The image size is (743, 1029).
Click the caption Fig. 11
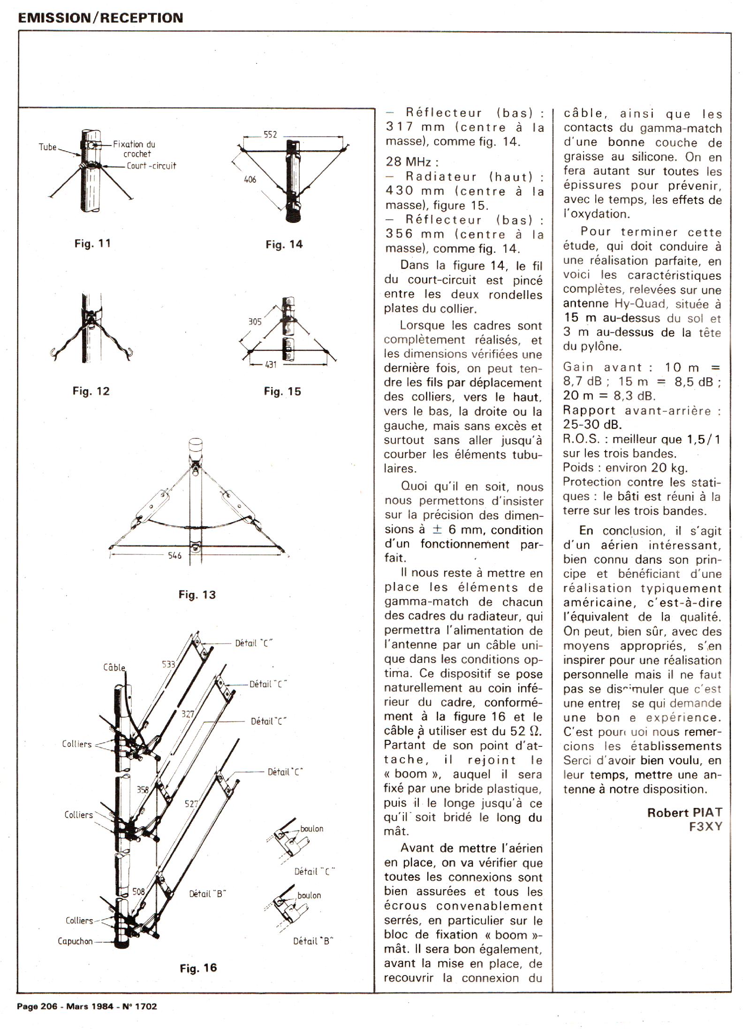92,244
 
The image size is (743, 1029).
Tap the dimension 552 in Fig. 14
270,135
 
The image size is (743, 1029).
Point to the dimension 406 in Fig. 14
250,179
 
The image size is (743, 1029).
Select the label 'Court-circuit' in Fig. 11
151,166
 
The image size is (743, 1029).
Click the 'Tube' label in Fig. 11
47,147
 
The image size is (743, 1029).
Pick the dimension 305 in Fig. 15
255,322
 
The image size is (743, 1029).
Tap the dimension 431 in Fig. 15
271,364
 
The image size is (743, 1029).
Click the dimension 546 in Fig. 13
174,556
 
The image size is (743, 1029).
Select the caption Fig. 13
197,595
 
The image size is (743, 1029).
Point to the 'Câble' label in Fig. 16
114,667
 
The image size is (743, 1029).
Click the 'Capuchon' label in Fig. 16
75,941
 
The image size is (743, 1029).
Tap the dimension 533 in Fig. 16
168,664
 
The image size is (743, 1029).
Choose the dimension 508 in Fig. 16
138,891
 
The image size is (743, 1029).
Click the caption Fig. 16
198,968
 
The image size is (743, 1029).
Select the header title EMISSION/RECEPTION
100,18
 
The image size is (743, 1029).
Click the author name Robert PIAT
684,813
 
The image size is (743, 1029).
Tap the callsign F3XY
705,827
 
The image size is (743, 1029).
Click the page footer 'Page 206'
37,1006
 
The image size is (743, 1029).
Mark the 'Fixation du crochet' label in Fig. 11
135,149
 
